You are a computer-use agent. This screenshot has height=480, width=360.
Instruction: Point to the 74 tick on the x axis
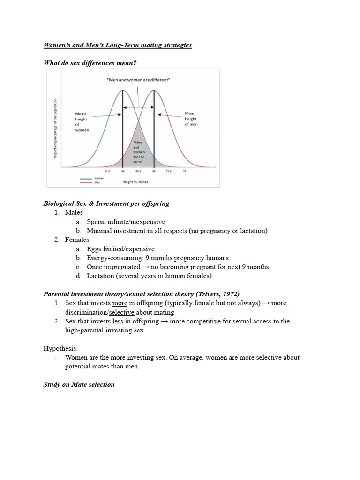185,172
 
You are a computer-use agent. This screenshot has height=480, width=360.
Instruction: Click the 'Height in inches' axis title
135,182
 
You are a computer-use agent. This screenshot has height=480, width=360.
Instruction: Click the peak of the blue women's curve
123,90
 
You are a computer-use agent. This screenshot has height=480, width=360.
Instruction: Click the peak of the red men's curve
154,90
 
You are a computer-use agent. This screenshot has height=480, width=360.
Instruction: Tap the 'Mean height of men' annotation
191,119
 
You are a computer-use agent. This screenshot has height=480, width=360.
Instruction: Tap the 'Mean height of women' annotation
82,121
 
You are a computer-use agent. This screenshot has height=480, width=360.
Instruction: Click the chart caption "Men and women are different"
138,80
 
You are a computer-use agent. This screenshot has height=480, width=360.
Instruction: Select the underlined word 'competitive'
203,321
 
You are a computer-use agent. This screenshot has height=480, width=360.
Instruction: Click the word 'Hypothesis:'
60,348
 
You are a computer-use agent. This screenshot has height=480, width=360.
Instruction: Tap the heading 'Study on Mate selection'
79,384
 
